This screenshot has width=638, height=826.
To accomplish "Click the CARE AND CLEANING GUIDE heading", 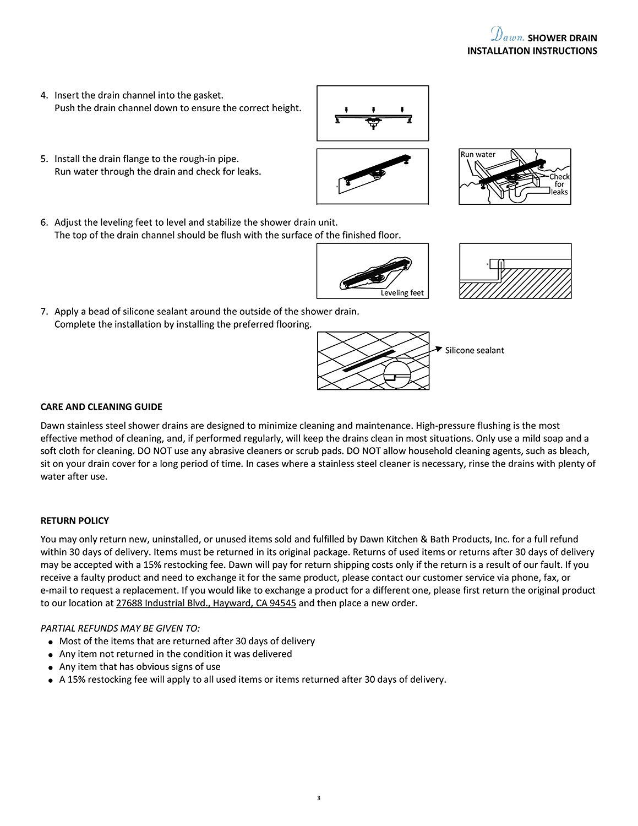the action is (x=101, y=407).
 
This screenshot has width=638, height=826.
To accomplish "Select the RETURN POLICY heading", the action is (x=75, y=520).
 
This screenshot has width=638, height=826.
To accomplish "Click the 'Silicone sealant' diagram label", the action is (x=474, y=350).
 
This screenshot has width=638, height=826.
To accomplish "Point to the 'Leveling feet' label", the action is (x=402, y=293).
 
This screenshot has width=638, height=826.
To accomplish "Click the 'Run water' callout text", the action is (x=478, y=154).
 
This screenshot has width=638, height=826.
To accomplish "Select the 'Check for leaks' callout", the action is (x=559, y=184).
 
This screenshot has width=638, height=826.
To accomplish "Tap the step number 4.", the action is (x=44, y=95).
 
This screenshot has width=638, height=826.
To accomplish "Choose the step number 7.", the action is (x=44, y=312).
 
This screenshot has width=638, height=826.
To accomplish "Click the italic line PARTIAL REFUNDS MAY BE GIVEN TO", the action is (x=120, y=628).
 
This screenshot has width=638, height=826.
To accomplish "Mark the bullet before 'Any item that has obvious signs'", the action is (x=51, y=667).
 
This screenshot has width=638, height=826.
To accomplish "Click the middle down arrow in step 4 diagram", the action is (x=374, y=110).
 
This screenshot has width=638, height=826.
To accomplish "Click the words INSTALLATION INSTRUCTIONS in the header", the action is (x=532, y=51).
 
